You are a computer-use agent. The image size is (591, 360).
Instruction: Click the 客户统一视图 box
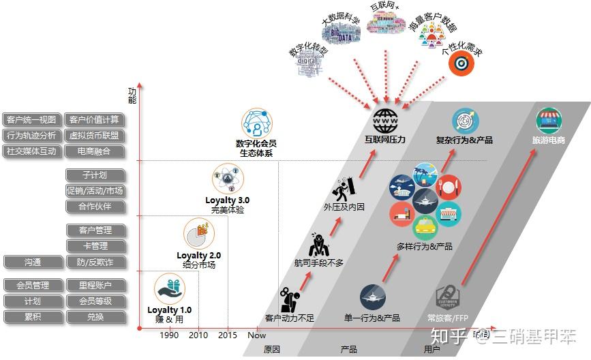pos(31,120)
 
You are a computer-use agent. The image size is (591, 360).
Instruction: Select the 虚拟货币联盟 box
pos(95,136)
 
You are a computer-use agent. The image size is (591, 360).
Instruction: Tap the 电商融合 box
pos(95,151)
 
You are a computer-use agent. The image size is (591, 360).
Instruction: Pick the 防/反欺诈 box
pos(95,262)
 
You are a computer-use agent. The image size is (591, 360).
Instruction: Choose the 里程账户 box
pos(95,285)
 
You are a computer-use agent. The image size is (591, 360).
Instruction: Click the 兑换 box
pos(95,316)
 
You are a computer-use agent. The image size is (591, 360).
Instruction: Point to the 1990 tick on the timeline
pos(170,335)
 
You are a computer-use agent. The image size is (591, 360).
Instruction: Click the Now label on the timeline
pos(256,335)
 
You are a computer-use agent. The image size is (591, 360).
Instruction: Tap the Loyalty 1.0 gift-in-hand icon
pos(170,288)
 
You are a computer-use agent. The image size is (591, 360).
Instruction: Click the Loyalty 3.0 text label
pos(228,200)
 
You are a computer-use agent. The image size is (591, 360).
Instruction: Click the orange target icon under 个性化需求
pos(461,63)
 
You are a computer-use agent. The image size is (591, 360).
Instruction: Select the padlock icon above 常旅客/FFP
pos(448,297)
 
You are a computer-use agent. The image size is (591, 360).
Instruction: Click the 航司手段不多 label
pos(319,262)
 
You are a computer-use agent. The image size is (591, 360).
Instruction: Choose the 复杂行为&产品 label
pos(464,140)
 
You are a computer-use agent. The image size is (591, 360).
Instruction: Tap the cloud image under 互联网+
pos(387,22)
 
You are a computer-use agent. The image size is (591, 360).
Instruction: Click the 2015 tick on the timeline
pos(228,335)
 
